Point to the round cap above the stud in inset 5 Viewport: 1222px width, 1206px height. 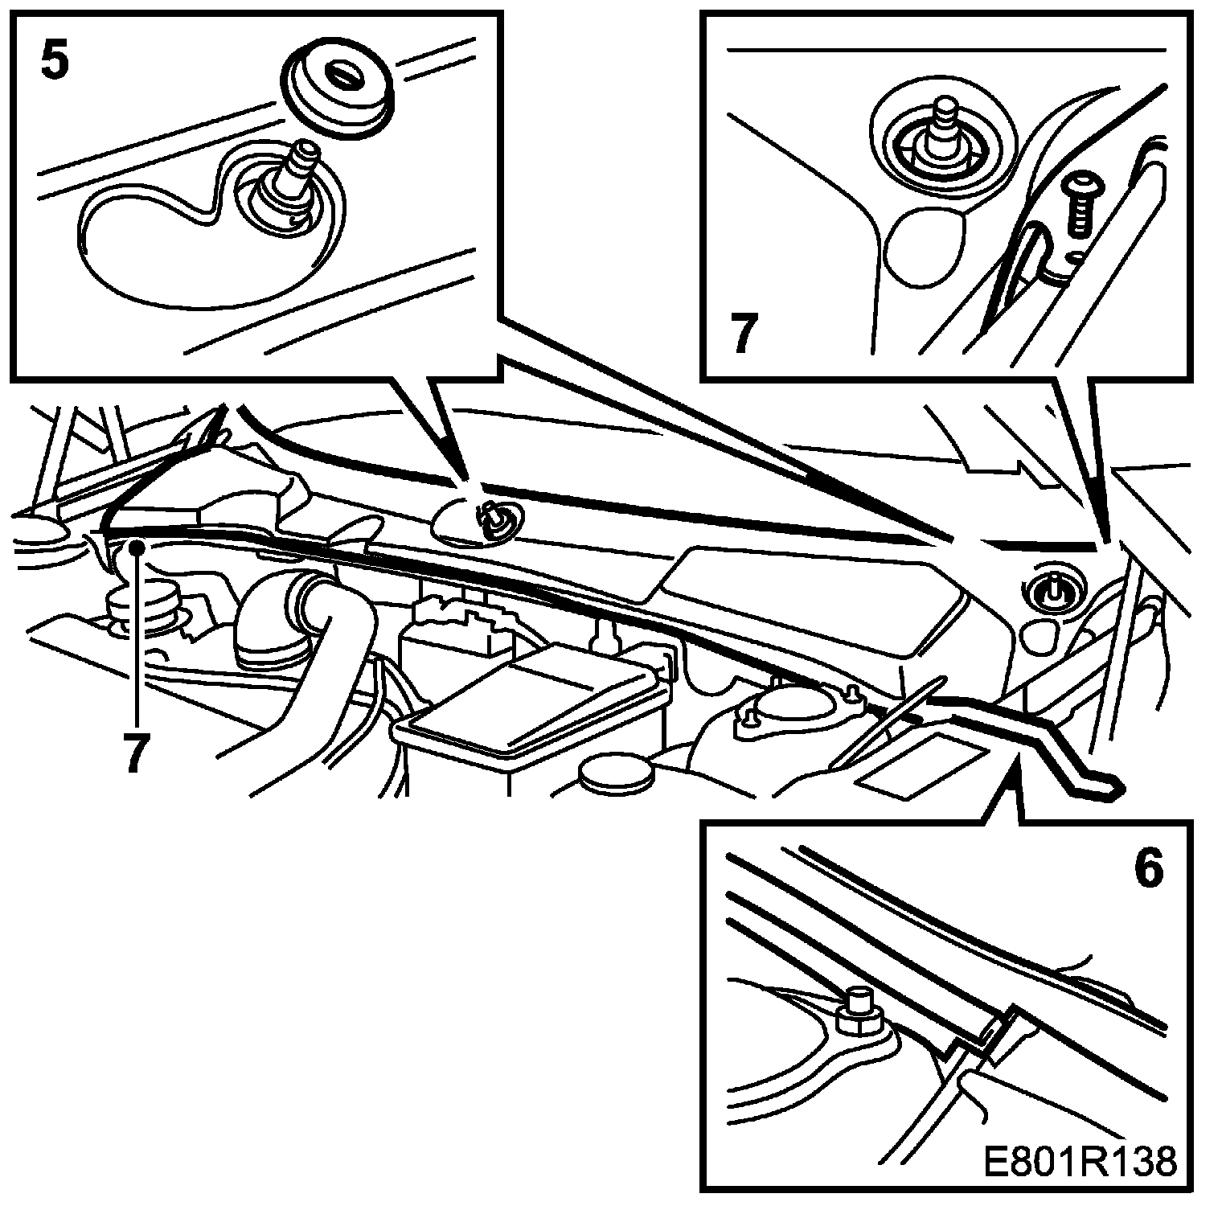pos(338,88)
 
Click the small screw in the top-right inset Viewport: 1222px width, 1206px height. pos(1077,205)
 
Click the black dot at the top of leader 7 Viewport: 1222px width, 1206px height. pos(138,546)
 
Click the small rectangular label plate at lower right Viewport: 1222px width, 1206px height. pos(925,764)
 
